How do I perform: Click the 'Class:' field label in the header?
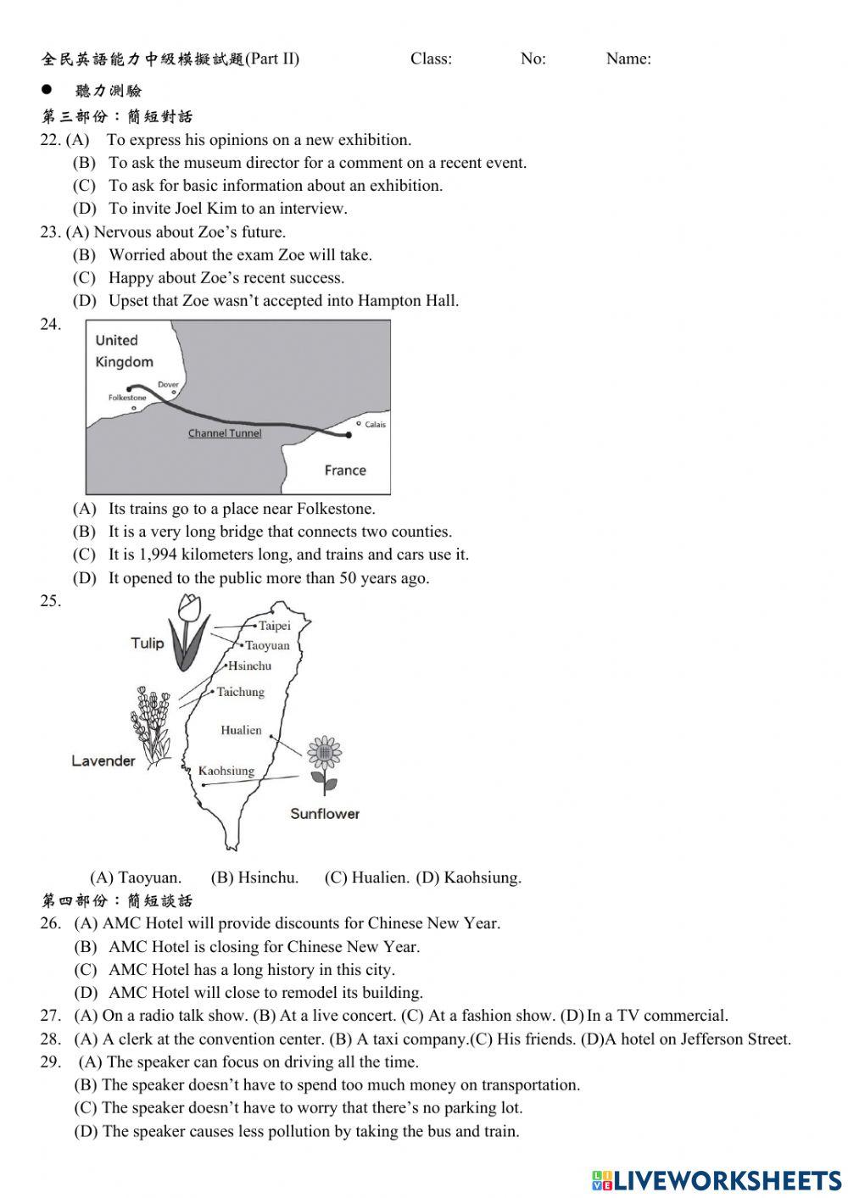pos(431,59)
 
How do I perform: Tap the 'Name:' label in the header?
pos(628,59)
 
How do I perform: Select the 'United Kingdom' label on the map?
pos(124,351)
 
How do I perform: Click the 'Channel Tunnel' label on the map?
pos(225,433)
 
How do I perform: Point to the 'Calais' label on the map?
pos(375,424)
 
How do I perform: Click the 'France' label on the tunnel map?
pos(345,471)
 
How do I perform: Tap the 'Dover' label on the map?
pos(168,385)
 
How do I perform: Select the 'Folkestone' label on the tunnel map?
pos(127,397)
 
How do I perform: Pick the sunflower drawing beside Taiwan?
pos(323,761)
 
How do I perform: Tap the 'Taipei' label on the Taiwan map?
pos(274,626)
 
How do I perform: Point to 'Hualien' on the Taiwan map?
pos(241,730)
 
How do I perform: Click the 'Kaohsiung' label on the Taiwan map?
pos(226,771)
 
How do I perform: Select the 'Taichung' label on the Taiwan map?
pos(240,692)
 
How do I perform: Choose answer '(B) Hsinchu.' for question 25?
pos(254,878)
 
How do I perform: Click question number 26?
pos(50,923)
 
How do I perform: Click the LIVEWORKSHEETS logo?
pos(717,1179)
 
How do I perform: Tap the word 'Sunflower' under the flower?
pos(325,814)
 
